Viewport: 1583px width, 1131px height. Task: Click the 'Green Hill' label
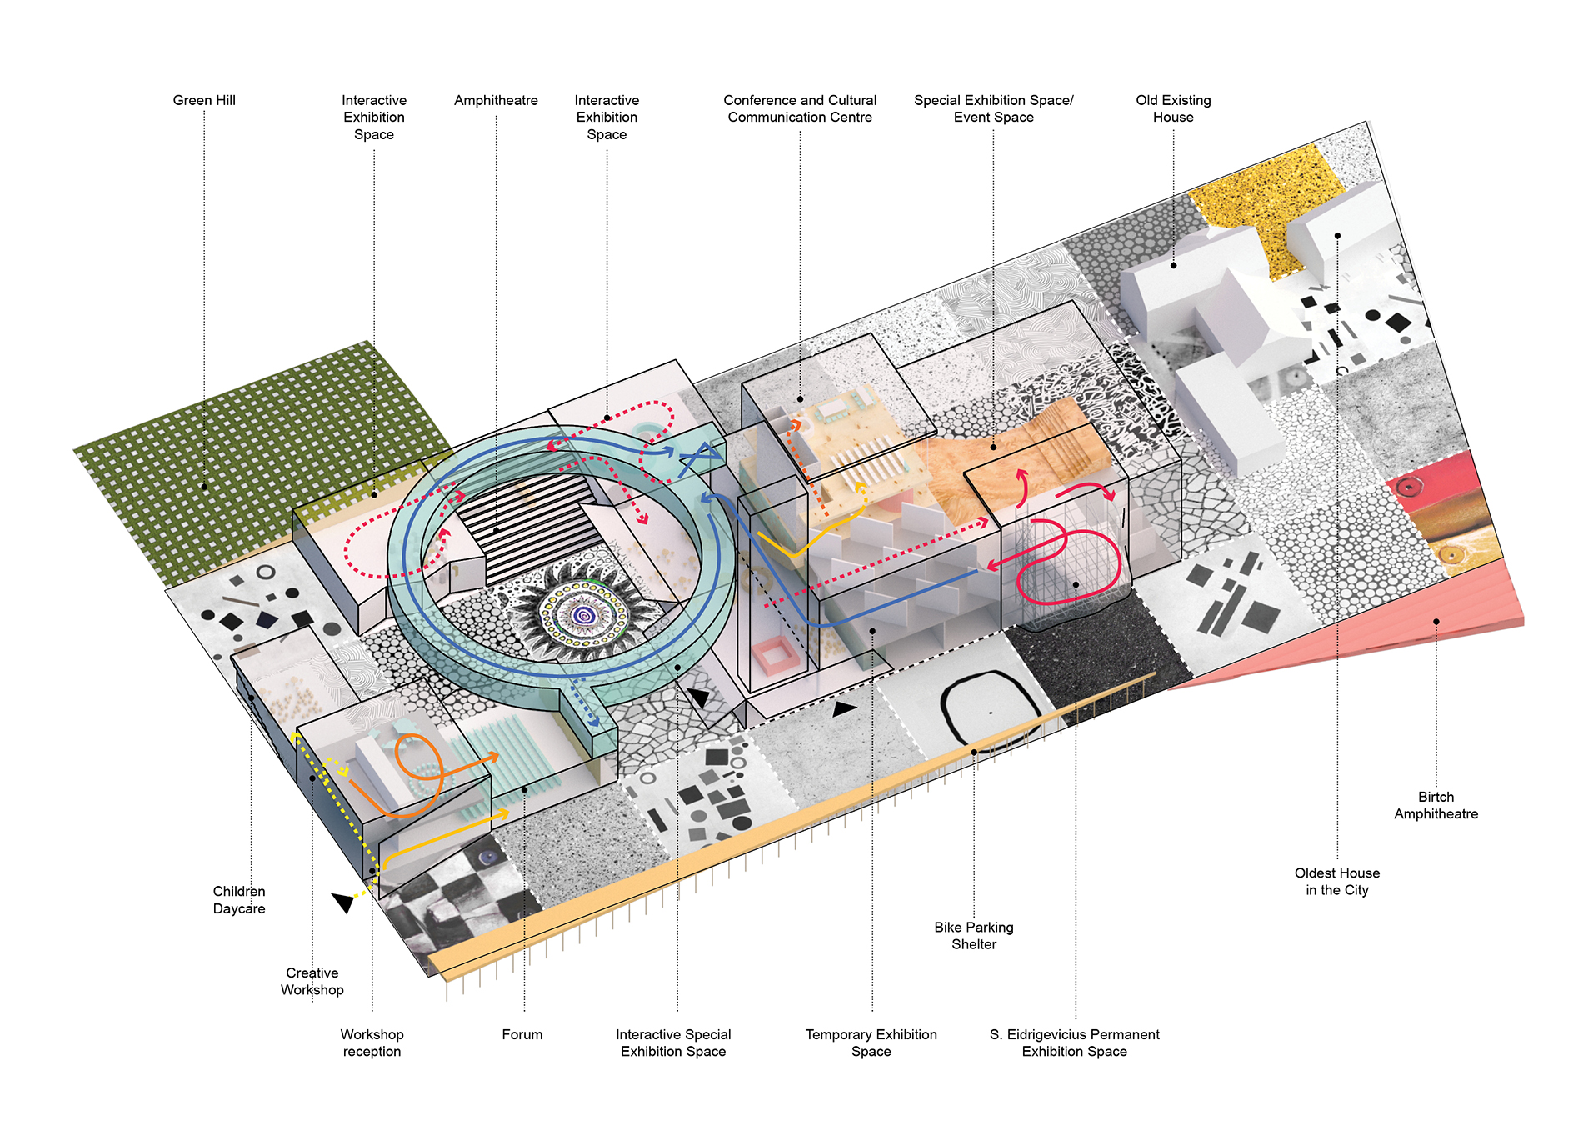click(x=204, y=100)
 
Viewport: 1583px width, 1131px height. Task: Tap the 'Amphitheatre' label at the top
click(x=496, y=101)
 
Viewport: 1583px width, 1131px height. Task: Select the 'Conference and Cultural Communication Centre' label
click(x=800, y=108)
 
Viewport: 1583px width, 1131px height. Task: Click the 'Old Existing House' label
click(x=1173, y=108)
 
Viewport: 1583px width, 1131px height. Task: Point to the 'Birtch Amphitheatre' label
click(x=1436, y=805)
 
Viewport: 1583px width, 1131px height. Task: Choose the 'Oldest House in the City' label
click(x=1336, y=881)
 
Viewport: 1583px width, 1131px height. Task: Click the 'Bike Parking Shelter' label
click(x=974, y=935)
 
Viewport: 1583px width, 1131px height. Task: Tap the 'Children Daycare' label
click(x=239, y=900)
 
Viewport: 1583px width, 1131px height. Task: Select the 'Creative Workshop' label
click(x=312, y=981)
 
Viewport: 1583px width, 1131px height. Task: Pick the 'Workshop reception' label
click(x=372, y=1043)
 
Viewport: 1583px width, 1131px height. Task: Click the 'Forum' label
click(x=522, y=1034)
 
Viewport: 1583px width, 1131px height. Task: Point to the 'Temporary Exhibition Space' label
click(x=871, y=1043)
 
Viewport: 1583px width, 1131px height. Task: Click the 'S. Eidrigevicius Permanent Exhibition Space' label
click(x=1075, y=1043)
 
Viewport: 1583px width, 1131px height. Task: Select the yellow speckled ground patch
click(x=1265, y=208)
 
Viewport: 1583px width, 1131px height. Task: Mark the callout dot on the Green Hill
click(x=204, y=487)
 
